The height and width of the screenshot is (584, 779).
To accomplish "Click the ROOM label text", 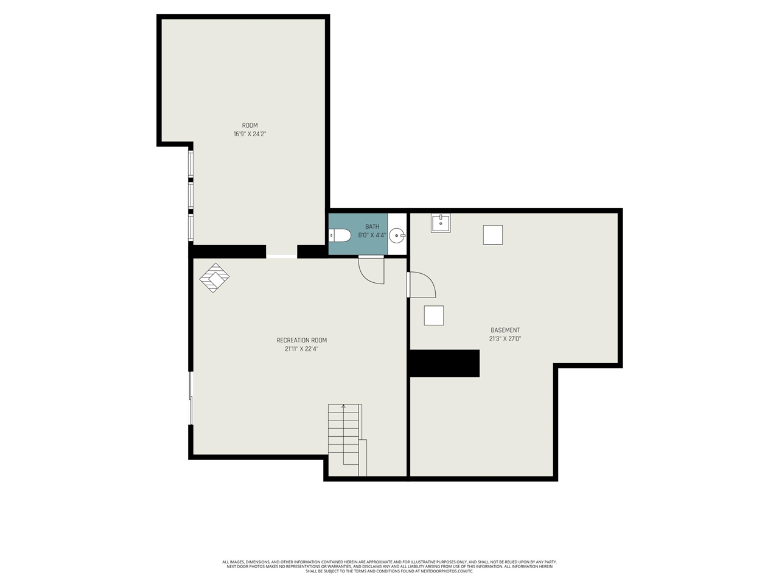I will pos(250,125).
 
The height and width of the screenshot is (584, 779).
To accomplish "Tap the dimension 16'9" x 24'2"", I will pos(250,134).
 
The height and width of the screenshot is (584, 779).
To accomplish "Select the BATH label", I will pos(372,226).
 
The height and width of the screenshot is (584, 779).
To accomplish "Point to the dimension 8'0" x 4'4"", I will pos(372,235).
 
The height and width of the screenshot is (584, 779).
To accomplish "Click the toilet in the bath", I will pos(339,235).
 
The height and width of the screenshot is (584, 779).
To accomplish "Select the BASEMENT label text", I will pos(505,330).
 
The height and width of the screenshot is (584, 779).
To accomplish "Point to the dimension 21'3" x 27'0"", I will pos(505,339).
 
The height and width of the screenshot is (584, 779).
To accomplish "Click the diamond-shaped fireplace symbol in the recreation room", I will pos(214,277).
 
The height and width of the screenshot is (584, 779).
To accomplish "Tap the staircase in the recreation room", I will pos(344,438).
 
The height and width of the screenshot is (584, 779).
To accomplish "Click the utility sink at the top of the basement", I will pos(441,223).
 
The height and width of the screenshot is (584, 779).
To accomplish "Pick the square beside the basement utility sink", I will pos(493,235).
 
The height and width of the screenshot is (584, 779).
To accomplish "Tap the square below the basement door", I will pos(434,316).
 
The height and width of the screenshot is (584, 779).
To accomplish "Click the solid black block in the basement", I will pos(444,363).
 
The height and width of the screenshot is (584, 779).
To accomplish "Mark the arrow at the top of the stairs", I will pos(343,406).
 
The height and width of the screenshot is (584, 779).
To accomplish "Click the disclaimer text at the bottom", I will pos(389,566).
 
